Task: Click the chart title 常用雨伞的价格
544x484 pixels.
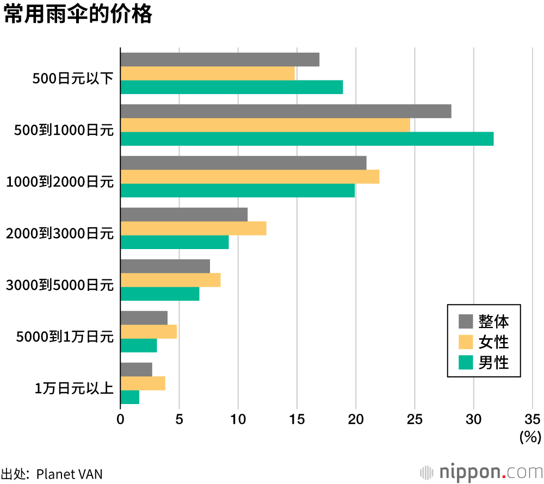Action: (78, 15)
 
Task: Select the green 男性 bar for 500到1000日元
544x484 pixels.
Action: (307, 139)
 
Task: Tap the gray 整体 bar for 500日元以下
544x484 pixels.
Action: (220, 59)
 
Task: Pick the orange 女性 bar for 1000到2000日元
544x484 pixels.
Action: (250, 177)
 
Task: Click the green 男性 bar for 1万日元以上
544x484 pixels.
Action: (129, 398)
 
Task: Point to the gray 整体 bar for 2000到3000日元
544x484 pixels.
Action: (184, 214)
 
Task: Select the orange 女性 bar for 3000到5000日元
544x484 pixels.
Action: (170, 280)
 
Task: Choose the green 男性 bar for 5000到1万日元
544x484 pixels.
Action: (139, 345)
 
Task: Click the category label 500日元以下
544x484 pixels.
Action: (73, 79)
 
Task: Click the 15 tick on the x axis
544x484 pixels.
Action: (297, 419)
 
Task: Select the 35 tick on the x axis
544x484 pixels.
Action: (533, 419)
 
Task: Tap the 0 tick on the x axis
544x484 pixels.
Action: (120, 419)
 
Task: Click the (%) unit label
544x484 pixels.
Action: (530, 436)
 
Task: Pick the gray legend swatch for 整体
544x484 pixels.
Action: (466, 321)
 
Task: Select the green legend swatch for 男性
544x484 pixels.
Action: (466, 362)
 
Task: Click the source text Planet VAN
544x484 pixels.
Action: (69, 474)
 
